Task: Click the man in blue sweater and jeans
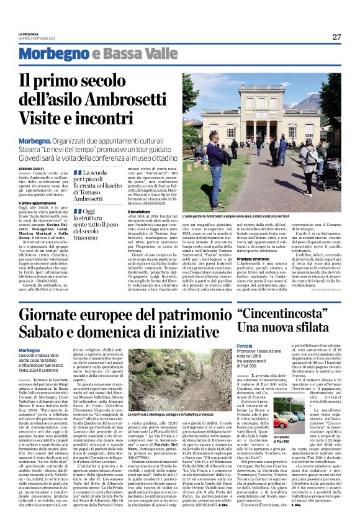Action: click(217, 164)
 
